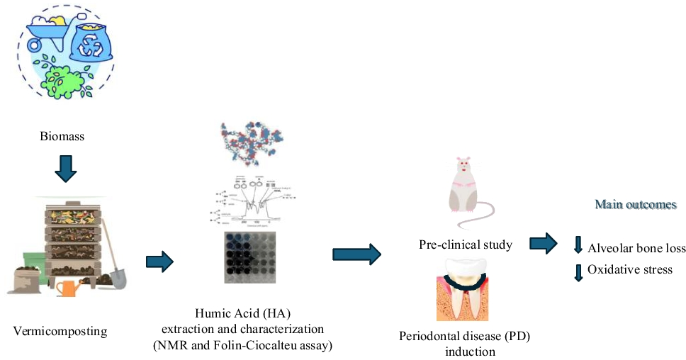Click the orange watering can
(69, 286)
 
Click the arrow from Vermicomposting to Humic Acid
(159, 261)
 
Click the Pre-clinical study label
(466, 246)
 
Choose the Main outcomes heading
(636, 205)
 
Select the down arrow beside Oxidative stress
(578, 271)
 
